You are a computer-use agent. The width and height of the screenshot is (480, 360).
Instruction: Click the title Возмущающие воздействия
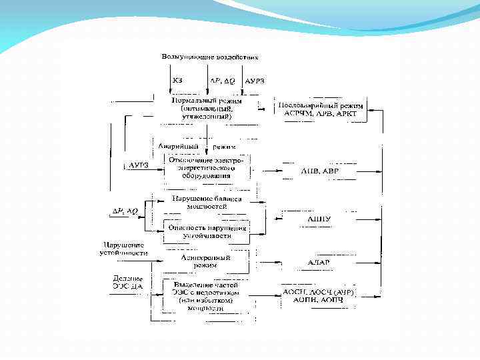tap(209, 57)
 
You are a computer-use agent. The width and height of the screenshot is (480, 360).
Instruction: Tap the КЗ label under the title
tap(177, 81)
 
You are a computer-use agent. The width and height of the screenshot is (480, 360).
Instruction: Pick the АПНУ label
tap(319, 218)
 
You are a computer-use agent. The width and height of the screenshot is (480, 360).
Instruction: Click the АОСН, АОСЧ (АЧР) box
tap(319, 297)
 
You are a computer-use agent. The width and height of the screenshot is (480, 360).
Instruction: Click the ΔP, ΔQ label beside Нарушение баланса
tap(125, 211)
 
